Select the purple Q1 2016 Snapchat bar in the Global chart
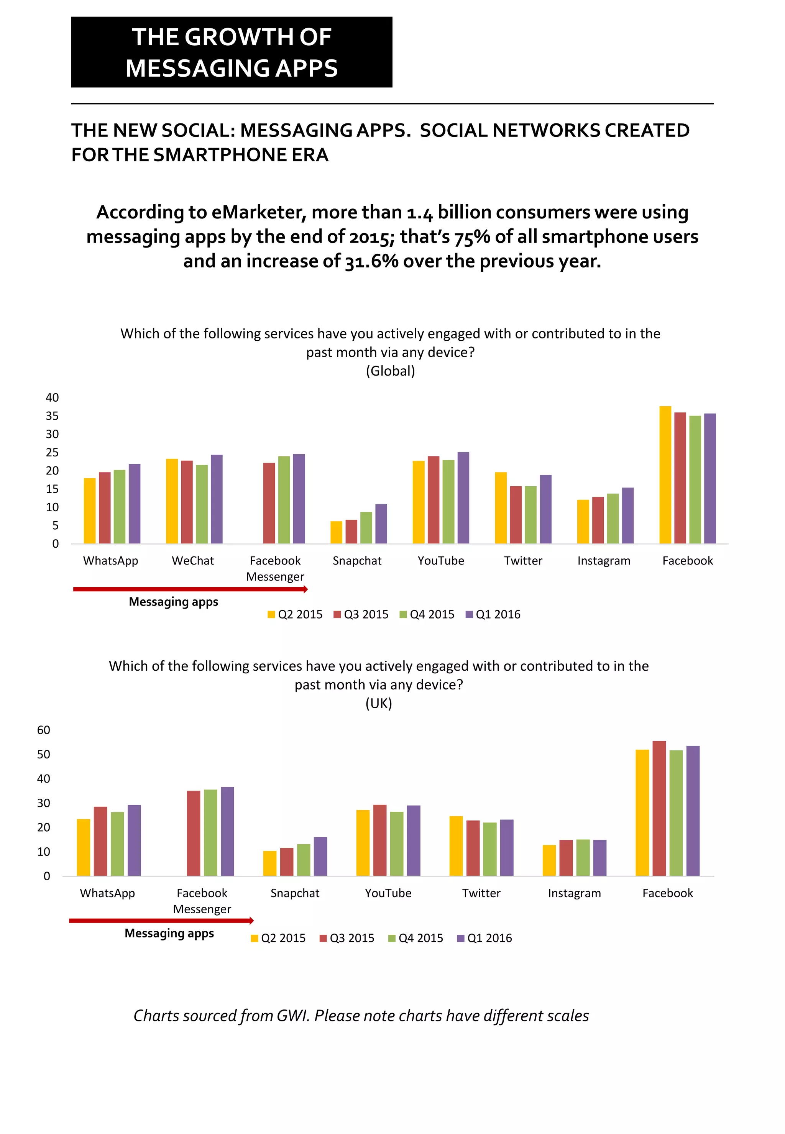point(381,524)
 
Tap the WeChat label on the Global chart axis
point(193,561)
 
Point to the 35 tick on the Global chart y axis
point(52,416)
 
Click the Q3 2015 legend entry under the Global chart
point(361,614)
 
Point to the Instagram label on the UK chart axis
point(575,893)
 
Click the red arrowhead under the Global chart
point(305,589)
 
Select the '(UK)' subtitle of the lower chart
point(379,703)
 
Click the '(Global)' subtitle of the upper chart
point(391,371)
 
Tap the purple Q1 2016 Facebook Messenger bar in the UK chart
point(227,831)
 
